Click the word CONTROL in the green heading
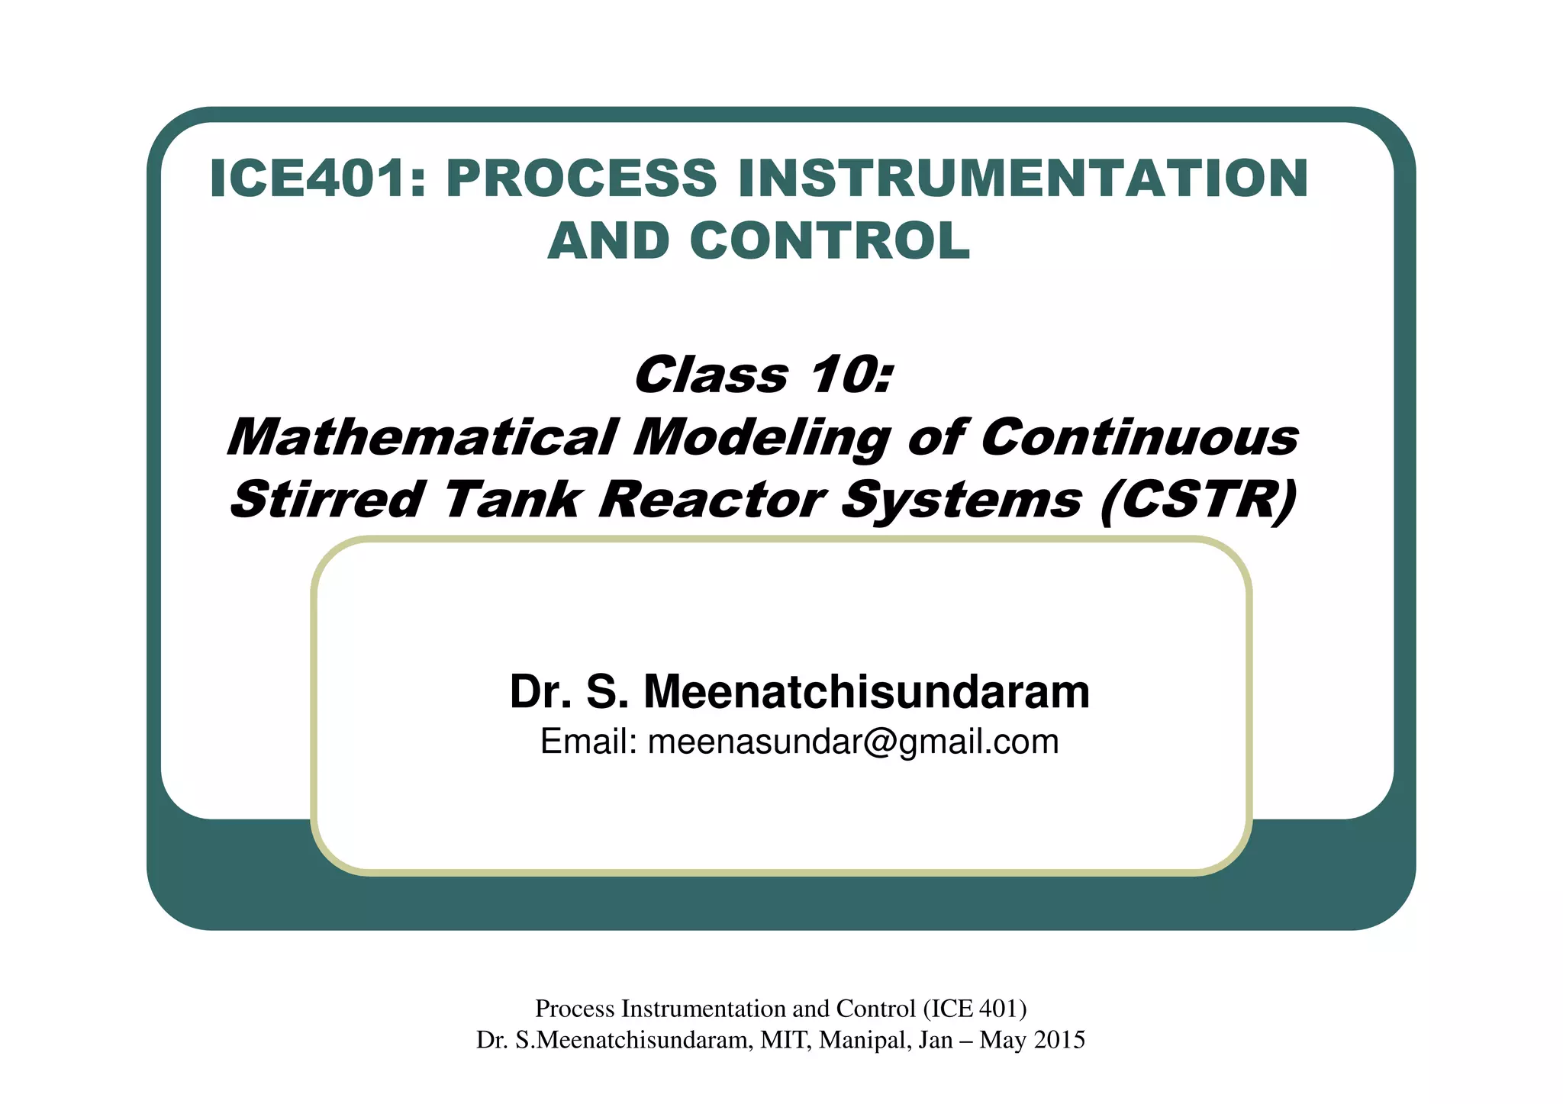[x=830, y=241]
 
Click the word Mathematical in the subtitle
[x=421, y=438]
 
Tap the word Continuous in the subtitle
[x=1139, y=438]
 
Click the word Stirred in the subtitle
[x=327, y=501]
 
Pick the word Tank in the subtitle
[x=511, y=501]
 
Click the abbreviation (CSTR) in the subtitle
[x=1198, y=501]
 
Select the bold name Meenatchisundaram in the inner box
[x=866, y=691]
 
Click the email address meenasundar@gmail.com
[x=853, y=742]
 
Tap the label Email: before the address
[x=588, y=742]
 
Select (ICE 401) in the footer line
[x=975, y=1009]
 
